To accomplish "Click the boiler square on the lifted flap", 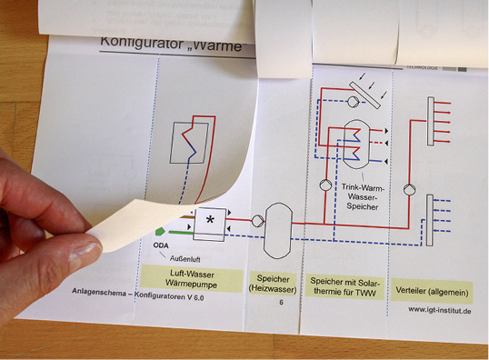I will [x=187, y=143].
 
